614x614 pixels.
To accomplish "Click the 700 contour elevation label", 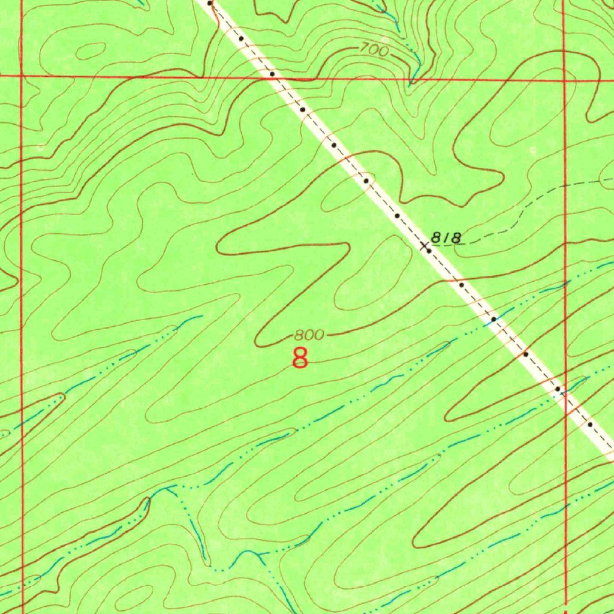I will [375, 51].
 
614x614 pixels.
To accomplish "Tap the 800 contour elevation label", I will [309, 335].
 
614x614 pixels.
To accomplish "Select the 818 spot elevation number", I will [447, 237].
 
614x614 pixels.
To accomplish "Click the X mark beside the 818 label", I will [425, 246].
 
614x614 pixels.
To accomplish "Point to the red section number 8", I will [300, 358].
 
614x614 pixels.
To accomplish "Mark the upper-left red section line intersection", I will [22, 76].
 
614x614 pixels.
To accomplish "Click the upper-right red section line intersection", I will [565, 78].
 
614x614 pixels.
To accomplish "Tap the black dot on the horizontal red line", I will [272, 74].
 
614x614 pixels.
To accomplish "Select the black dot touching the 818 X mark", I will [428, 249].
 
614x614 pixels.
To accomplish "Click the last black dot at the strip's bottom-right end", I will [590, 425].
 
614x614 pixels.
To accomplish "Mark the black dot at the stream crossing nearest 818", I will [493, 320].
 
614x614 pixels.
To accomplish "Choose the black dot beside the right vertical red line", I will [558, 390].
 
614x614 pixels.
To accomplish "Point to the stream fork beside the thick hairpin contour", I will [166, 489].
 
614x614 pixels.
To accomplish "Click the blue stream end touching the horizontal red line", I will [411, 79].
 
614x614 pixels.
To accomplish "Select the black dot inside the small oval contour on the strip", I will [365, 180].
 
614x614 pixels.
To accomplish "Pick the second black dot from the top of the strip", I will [241, 38].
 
